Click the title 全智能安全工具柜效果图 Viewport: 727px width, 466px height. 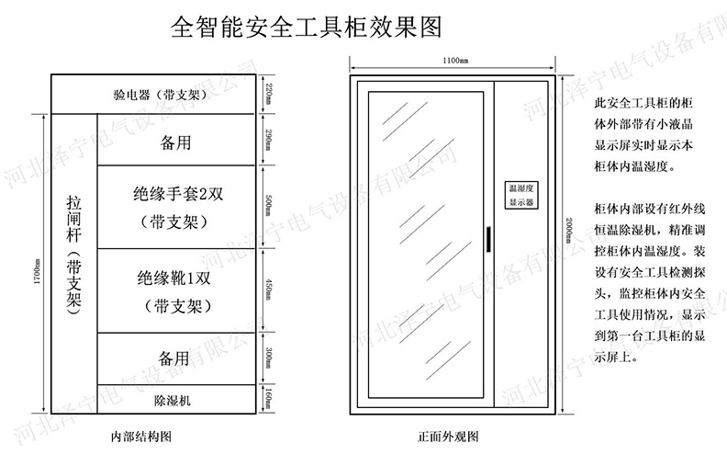(x=308, y=27)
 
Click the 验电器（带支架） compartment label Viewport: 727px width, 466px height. (x=151, y=95)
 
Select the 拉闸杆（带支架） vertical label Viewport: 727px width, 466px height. (x=73, y=255)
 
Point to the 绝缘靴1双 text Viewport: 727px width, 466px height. (x=174, y=278)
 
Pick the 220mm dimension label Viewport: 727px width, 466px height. (x=268, y=94)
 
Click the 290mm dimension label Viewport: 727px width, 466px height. (x=268, y=140)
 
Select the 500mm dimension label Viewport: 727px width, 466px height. (x=268, y=207)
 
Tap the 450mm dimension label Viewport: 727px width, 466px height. (x=268, y=290)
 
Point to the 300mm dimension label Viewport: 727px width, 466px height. (x=268, y=358)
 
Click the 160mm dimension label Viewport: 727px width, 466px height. (x=268, y=399)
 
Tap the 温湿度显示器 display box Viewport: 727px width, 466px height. (x=520, y=193)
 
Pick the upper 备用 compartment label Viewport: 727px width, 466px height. (x=174, y=142)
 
